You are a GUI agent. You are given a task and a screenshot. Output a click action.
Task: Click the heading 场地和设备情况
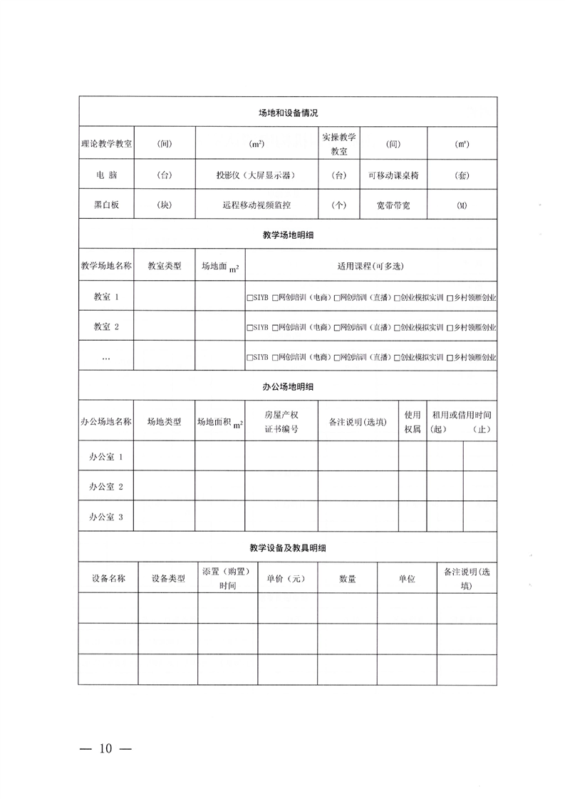pos(287,113)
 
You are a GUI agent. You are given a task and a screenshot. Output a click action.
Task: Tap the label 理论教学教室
pos(107,143)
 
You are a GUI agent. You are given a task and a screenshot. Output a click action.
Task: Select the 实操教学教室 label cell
pos(339,143)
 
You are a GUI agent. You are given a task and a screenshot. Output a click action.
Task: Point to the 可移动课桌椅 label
pos(393,175)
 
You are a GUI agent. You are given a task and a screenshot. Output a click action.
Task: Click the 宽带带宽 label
pos(393,205)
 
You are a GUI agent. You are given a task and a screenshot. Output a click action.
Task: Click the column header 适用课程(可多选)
pos(370,267)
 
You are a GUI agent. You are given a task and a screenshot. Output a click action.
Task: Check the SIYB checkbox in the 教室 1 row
pos(249,297)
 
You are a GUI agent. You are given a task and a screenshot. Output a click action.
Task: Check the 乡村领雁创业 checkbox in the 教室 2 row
pos(450,328)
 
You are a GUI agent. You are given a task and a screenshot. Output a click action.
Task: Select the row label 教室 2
pos(107,327)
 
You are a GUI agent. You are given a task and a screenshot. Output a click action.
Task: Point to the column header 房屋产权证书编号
pos(281,422)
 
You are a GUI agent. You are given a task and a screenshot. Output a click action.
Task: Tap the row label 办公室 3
pos(107,517)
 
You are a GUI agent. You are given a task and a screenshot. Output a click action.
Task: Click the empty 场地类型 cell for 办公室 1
pos(165,456)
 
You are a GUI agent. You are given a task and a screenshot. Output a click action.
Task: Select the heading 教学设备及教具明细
pos(287,548)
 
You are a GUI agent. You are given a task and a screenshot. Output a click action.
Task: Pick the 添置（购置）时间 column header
pos(227,578)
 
